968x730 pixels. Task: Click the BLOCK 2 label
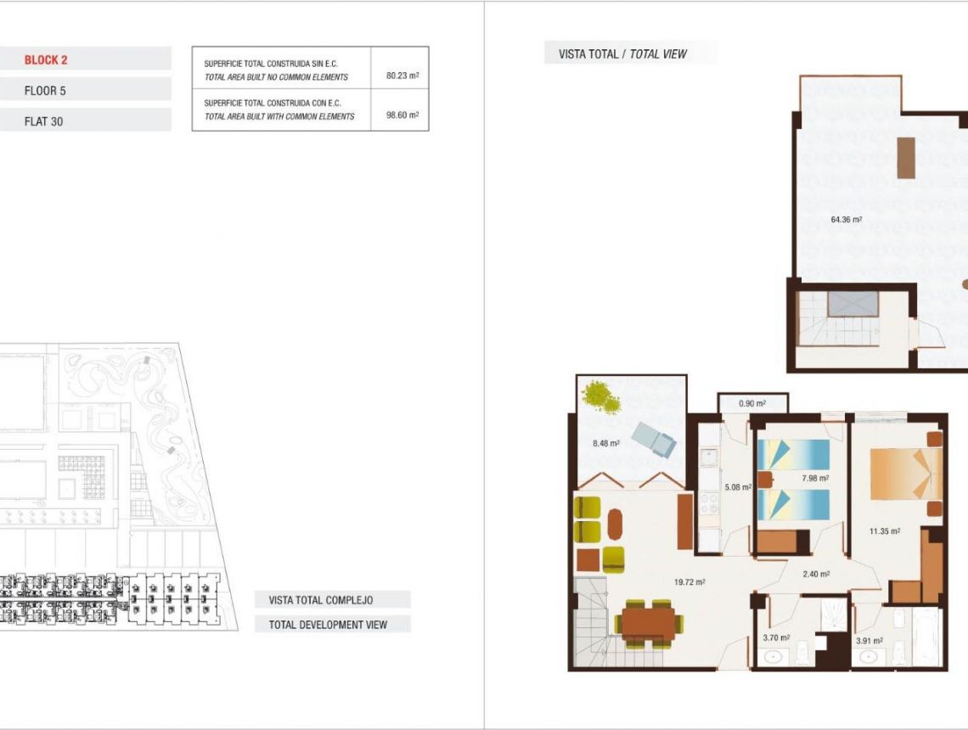pos(46,59)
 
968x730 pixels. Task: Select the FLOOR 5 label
pos(46,91)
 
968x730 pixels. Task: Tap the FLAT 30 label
pos(43,121)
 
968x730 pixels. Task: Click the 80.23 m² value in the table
pos(402,76)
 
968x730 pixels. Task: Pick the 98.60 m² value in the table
pos(402,115)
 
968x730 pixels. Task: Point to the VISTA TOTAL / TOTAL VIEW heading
pos(622,54)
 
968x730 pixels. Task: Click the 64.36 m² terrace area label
pos(846,220)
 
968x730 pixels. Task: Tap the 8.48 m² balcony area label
pos(605,443)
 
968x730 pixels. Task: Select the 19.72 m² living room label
pos(689,582)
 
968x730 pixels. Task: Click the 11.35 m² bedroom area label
pos(883,532)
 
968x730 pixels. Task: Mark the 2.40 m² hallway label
pos(814,574)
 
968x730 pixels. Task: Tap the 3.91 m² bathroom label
pos(869,641)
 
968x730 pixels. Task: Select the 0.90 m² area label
pos(752,404)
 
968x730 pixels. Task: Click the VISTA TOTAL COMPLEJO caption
pos(321,600)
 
